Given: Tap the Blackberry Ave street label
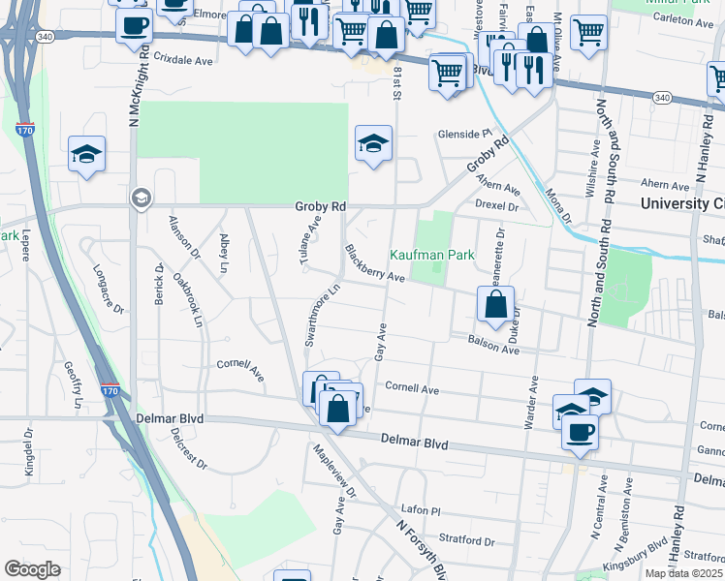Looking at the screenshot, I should pyautogui.click(x=374, y=262).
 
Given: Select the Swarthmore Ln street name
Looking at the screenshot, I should pyautogui.click(x=323, y=315).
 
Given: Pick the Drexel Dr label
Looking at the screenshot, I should pyautogui.click(x=498, y=206).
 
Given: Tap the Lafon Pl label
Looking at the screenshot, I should pyautogui.click(x=422, y=509).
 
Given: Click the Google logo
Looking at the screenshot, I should pyautogui.click(x=32, y=569).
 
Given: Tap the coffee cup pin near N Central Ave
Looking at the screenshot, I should pyautogui.click(x=581, y=432).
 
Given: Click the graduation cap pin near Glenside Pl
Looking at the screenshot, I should pyautogui.click(x=373, y=143).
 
